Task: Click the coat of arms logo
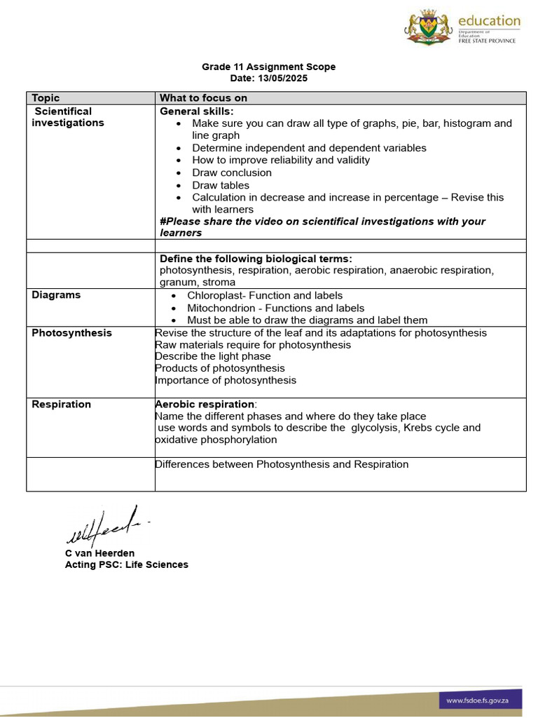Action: (429, 27)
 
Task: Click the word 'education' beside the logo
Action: (489, 21)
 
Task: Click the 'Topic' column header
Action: (46, 98)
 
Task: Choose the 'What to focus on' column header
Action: (203, 98)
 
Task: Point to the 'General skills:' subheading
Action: (197, 111)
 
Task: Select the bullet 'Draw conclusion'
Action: (232, 172)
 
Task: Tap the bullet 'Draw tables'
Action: (221, 185)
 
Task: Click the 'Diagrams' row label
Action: (56, 295)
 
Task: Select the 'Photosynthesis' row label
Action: (71, 333)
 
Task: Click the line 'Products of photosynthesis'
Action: (220, 368)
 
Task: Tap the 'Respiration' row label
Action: (61, 405)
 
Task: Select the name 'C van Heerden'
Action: (99, 553)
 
